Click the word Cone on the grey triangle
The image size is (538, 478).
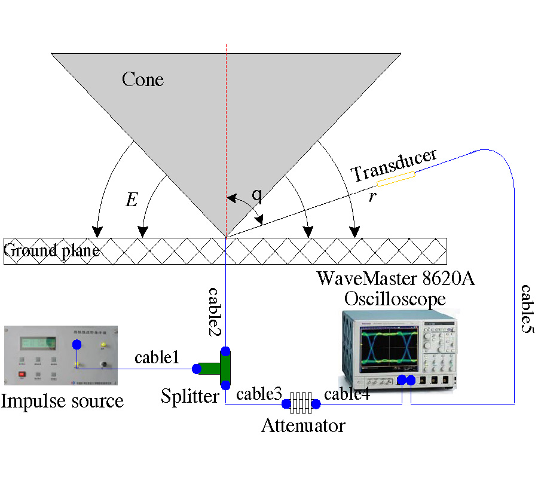tap(142, 79)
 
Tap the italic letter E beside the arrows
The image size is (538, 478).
tap(132, 200)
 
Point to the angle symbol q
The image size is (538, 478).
tap(256, 194)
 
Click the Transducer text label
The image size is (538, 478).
tap(394, 164)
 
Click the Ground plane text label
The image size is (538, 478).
tap(51, 250)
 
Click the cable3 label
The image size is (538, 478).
tap(259, 394)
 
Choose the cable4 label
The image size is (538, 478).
tap(347, 394)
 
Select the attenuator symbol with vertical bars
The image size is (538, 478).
tap(301, 404)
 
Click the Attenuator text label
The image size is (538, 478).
tap(303, 426)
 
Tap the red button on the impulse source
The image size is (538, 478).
tap(22, 376)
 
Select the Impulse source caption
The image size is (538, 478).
tap(62, 400)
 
